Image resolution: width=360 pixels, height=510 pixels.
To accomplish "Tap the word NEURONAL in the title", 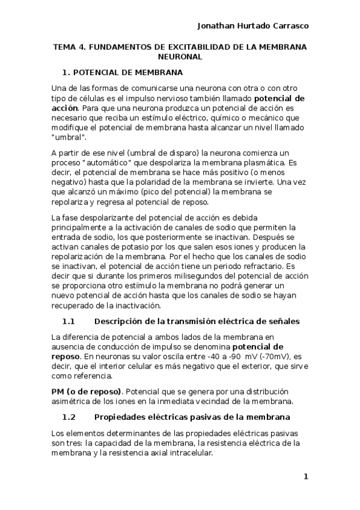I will click(180, 57).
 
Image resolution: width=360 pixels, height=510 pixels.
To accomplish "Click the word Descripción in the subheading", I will click(121, 321).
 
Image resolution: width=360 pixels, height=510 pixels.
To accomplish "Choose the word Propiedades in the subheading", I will click(124, 417).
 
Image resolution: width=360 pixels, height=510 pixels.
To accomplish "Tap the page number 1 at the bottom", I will click(305, 477).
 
